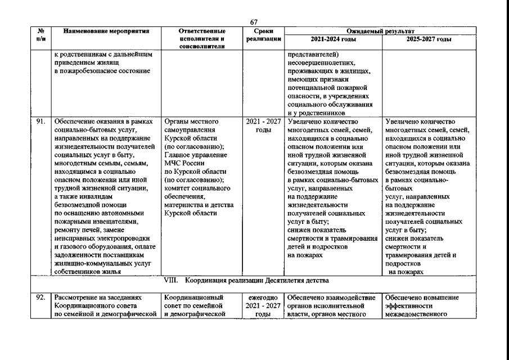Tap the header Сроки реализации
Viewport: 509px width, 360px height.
(x=263, y=35)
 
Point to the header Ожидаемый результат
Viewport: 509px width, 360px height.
(x=379, y=31)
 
